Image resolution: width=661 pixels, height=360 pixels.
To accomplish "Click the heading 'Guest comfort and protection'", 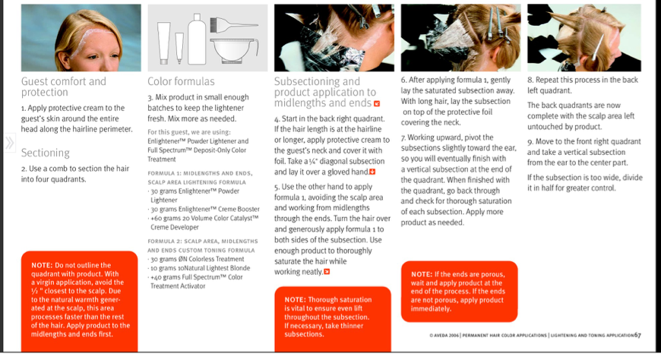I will click(64, 87).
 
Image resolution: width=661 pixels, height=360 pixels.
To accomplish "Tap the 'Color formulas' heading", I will click(181, 81).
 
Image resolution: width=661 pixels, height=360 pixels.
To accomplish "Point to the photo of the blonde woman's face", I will click(81, 38).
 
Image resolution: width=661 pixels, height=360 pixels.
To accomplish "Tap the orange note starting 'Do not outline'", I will click(80, 300).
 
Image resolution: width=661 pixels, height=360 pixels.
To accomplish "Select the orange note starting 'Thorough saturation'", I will click(333, 317).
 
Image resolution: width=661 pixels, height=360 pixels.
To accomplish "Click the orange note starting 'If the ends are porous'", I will click(459, 291).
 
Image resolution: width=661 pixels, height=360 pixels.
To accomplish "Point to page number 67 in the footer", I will click(637, 335).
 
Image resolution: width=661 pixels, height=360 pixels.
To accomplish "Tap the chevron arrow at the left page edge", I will click(9, 143).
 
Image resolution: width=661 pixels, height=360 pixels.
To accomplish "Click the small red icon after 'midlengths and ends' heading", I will click(377, 103).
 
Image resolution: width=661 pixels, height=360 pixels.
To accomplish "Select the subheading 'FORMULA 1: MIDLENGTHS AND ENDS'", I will click(198, 174).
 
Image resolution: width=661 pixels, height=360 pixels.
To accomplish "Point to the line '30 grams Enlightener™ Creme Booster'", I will click(206, 208).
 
